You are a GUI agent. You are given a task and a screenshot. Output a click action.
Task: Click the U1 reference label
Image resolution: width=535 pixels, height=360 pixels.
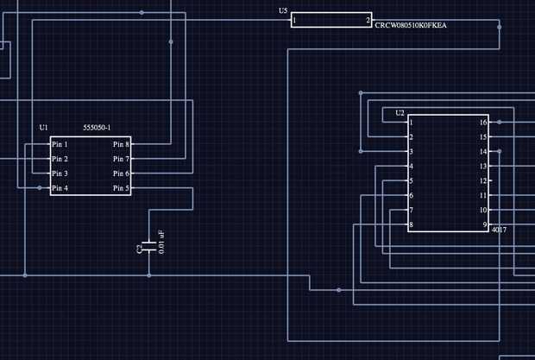point(43,128)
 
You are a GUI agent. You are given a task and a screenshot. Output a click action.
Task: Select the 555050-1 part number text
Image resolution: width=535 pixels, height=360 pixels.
point(97,128)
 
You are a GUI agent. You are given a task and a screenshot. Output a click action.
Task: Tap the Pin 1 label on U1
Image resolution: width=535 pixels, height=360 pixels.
point(60,144)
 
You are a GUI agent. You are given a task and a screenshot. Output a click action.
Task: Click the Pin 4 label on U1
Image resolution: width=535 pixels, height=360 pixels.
point(60,188)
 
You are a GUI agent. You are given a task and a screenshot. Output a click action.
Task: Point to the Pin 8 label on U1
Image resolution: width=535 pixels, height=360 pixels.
point(121,144)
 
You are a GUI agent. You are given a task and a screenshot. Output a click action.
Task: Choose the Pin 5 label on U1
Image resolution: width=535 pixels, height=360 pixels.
point(121,188)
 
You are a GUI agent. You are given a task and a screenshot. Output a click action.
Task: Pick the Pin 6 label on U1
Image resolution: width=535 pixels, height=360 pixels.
point(121,174)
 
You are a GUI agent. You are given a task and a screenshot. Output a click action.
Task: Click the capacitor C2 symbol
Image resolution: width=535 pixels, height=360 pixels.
point(149,247)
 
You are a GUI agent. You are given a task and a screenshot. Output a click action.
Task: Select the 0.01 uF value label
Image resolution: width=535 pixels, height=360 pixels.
point(161,242)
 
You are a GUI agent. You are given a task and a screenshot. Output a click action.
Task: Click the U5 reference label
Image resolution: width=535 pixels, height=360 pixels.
point(283,11)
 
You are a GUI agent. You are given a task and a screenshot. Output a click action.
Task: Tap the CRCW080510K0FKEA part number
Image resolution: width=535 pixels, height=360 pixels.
point(411,25)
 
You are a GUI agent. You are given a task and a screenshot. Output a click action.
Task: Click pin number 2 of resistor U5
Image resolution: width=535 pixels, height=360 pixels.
point(368,20)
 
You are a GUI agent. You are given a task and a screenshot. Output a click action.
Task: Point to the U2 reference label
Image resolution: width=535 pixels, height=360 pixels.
point(400,113)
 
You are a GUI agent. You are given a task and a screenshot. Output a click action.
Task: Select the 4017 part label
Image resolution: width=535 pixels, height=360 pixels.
point(499,230)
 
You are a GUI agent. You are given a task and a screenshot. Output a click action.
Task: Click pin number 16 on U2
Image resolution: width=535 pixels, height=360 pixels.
point(483,123)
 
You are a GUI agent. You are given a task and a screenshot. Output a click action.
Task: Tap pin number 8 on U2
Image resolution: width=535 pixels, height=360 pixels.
point(411,224)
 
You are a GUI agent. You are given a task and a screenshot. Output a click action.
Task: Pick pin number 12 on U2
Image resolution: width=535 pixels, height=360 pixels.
point(483,180)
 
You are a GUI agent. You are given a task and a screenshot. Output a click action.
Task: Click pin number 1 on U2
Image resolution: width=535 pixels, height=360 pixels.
point(411,123)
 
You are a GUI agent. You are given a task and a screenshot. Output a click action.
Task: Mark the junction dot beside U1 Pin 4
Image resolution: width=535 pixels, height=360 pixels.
point(40,188)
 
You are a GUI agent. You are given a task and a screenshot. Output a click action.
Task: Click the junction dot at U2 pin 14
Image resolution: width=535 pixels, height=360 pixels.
point(499,151)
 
